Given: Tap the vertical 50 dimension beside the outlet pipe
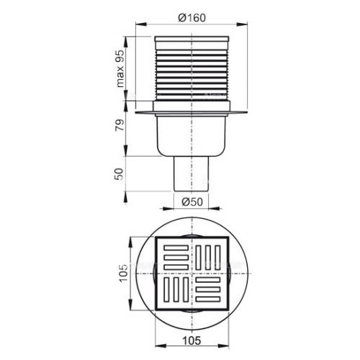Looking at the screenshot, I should click(x=121, y=174).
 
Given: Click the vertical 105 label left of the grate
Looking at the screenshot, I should click(x=123, y=274).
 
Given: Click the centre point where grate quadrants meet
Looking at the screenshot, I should click(x=192, y=274).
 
